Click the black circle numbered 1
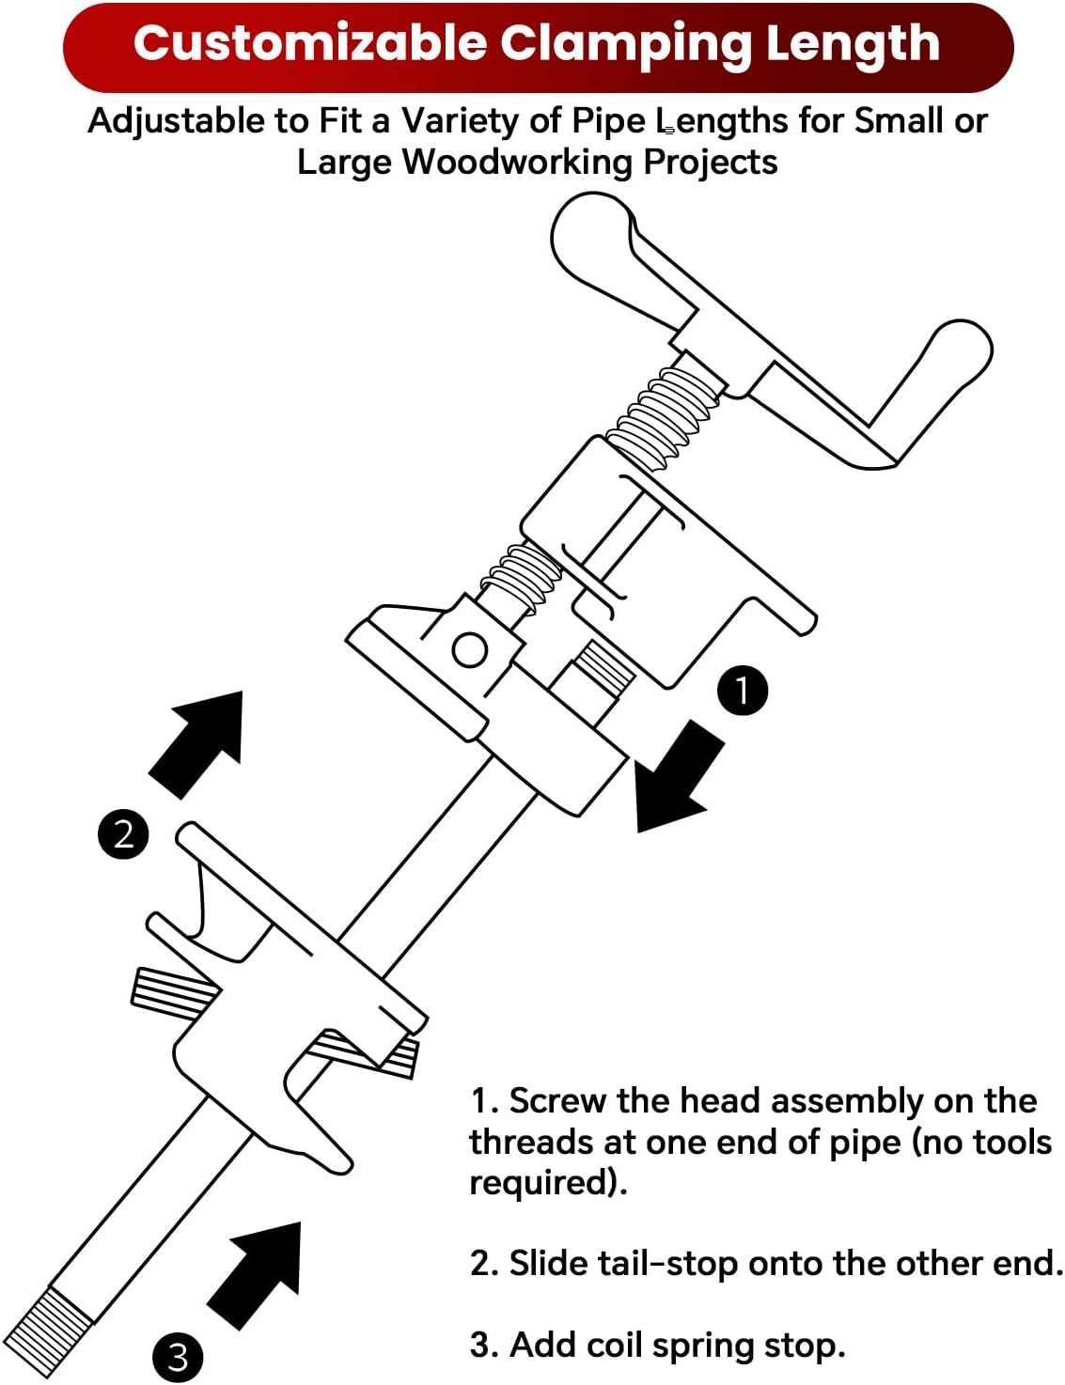coord(743,691)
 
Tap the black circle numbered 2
coord(123,833)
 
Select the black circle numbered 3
coord(178,1357)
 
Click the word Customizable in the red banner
coord(310,44)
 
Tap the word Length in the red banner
coord(852,44)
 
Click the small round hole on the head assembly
coord(469,649)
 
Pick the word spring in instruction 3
coord(704,1346)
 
